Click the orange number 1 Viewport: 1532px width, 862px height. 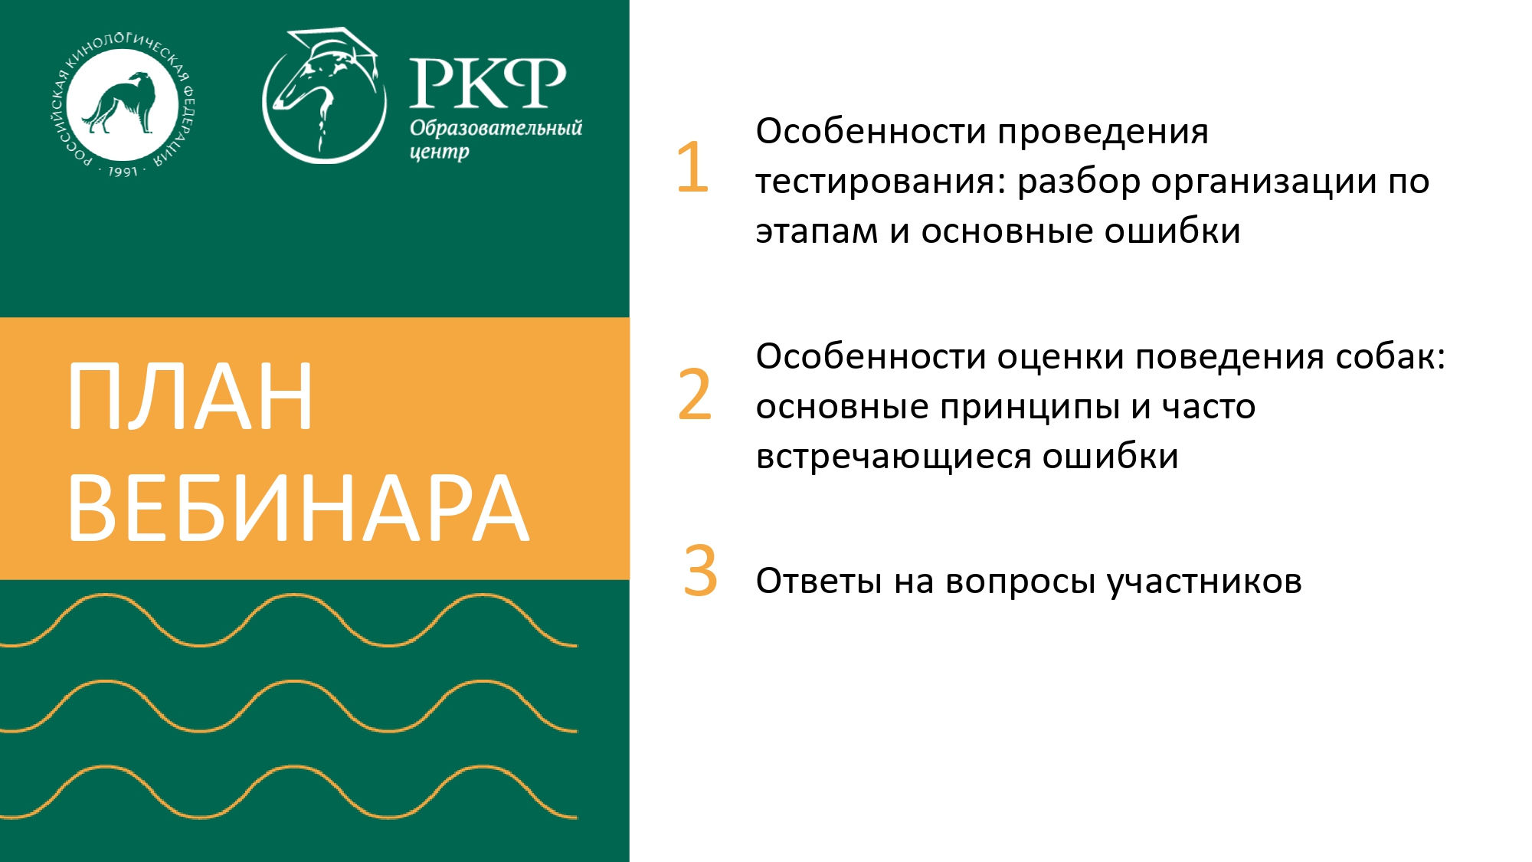point(692,166)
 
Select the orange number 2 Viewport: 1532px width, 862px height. point(695,395)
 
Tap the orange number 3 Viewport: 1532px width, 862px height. point(700,571)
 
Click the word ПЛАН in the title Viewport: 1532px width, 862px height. point(191,397)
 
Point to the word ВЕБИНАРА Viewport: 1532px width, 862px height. point(299,508)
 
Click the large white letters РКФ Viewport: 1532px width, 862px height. point(487,82)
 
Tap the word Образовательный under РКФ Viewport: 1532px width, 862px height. point(496,127)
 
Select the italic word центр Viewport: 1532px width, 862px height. point(439,152)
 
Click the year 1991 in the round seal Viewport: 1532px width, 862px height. point(123,172)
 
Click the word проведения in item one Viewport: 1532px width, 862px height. point(1103,132)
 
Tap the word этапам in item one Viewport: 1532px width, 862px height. point(817,231)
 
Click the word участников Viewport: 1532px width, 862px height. point(1204,582)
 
